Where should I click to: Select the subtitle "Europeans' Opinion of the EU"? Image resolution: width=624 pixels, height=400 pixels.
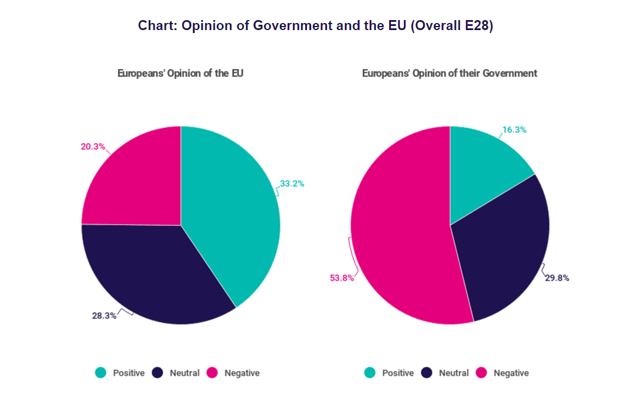[180, 74]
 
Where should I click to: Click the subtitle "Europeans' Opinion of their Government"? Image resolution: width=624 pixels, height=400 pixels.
[449, 74]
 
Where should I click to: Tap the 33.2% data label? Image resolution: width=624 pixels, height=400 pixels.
[292, 183]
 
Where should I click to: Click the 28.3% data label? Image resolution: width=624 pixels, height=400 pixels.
[104, 316]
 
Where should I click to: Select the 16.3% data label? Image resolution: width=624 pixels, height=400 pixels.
[514, 130]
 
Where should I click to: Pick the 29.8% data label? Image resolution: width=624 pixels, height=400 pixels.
[557, 278]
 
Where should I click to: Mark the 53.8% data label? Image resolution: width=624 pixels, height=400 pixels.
[342, 278]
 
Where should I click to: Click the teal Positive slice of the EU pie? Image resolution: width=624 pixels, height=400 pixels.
[236, 218]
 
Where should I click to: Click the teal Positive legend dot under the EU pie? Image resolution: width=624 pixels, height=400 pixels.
[101, 373]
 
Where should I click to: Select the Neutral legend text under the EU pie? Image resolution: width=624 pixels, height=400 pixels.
[185, 373]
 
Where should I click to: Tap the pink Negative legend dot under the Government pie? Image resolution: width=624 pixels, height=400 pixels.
[482, 373]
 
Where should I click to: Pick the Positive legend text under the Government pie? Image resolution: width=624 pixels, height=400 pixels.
[398, 373]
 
